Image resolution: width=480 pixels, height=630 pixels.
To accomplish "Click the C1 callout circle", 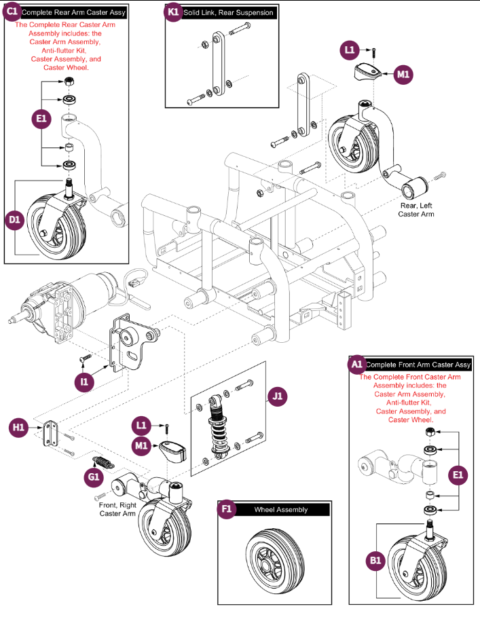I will [12, 12].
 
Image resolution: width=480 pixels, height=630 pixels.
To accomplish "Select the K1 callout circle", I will [173, 12].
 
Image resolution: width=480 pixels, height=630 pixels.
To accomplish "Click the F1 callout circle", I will [226, 509].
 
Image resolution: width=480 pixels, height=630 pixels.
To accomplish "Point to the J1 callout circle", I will [278, 396].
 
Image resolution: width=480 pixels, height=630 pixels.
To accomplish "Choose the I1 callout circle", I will [84, 382].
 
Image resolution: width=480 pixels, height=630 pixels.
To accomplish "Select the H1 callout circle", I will [18, 427].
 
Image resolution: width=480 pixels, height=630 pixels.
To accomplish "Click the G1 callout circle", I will [93, 477].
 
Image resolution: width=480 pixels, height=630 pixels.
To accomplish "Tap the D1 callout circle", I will [15, 221].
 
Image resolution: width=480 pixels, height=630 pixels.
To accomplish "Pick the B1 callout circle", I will [375, 561].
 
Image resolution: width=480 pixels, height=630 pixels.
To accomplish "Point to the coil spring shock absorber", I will [219, 427].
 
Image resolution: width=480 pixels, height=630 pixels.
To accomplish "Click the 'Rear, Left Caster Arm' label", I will [418, 210].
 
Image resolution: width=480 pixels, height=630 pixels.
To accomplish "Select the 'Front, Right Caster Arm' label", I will [118, 509].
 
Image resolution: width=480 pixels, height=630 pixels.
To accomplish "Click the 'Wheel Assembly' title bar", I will [281, 509].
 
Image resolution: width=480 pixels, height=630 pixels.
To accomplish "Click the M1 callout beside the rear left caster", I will [403, 73].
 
